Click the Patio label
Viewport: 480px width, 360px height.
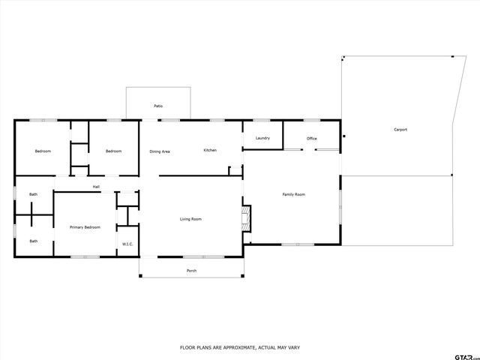tap(158, 106)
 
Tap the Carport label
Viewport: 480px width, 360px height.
tap(400, 130)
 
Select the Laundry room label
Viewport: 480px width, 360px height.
tap(262, 138)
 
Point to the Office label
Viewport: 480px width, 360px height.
tap(311, 139)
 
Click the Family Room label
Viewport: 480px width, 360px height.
tap(293, 194)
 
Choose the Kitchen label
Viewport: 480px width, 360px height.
tap(210, 150)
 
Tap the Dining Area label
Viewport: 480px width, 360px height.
tap(160, 151)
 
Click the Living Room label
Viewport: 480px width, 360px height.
tap(190, 219)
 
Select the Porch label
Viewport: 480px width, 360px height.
tap(191, 270)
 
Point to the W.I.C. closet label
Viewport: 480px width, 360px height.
tap(127, 244)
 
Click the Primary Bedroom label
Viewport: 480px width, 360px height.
tap(85, 226)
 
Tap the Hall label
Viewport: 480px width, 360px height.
tap(96, 187)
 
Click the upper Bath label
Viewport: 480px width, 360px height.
tap(33, 195)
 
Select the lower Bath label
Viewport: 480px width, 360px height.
tap(33, 241)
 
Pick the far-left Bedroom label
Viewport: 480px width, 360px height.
tap(43, 151)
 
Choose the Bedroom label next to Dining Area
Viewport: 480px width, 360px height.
tap(113, 151)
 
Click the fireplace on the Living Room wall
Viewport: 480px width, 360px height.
tap(245, 219)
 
